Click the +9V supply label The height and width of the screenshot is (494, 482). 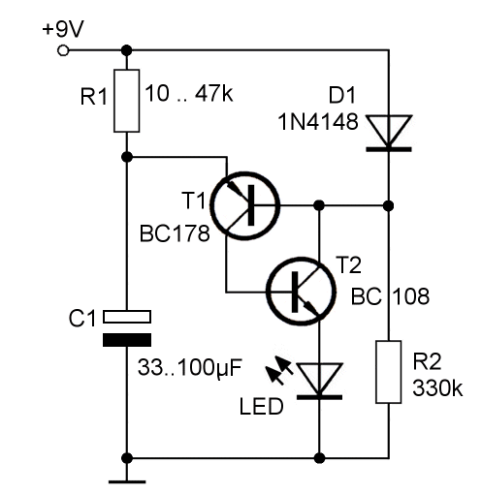pyautogui.click(x=63, y=29)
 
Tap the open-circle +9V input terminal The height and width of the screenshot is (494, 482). pyautogui.click(x=63, y=50)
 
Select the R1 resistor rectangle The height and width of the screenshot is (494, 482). pyautogui.click(x=127, y=101)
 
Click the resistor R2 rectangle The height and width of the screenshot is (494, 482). pyautogui.click(x=389, y=372)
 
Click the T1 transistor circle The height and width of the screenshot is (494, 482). pyautogui.click(x=245, y=206)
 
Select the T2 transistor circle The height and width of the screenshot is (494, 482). pyautogui.click(x=302, y=292)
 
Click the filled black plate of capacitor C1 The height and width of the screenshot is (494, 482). pyautogui.click(x=127, y=340)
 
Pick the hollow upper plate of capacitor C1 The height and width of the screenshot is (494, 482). pyautogui.click(x=127, y=317)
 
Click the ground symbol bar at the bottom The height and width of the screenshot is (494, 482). pyautogui.click(x=127, y=481)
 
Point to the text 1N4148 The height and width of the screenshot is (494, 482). pyautogui.click(x=318, y=122)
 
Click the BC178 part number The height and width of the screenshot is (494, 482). pyautogui.click(x=175, y=233)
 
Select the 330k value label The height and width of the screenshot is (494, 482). pyautogui.click(x=437, y=387)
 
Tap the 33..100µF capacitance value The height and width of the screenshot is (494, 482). pyautogui.click(x=190, y=367)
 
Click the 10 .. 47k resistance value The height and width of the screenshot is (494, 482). pyautogui.click(x=189, y=94)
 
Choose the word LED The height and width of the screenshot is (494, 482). pyautogui.click(x=261, y=407)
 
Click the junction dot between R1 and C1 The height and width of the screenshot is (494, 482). pyautogui.click(x=127, y=157)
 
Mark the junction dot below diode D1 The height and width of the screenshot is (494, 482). pyautogui.click(x=389, y=205)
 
